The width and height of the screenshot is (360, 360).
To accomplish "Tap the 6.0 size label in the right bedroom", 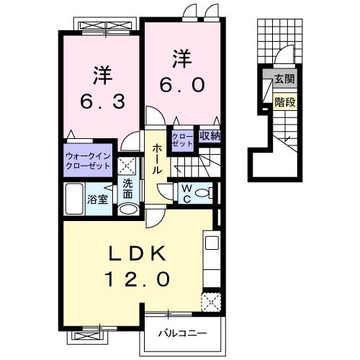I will [x=181, y=84].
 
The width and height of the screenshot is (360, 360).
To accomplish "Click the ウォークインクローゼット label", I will [x=87, y=160].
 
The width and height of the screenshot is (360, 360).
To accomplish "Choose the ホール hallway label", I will [x=156, y=158].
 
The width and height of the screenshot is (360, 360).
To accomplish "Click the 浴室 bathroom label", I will [x=98, y=199].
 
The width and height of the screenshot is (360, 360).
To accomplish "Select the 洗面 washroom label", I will [x=127, y=188].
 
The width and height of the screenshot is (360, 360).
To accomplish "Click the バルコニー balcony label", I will [x=184, y=333].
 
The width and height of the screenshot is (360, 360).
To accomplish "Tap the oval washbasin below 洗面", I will [x=127, y=210].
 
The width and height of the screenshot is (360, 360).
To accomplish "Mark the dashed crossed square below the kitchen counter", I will [x=211, y=301].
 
